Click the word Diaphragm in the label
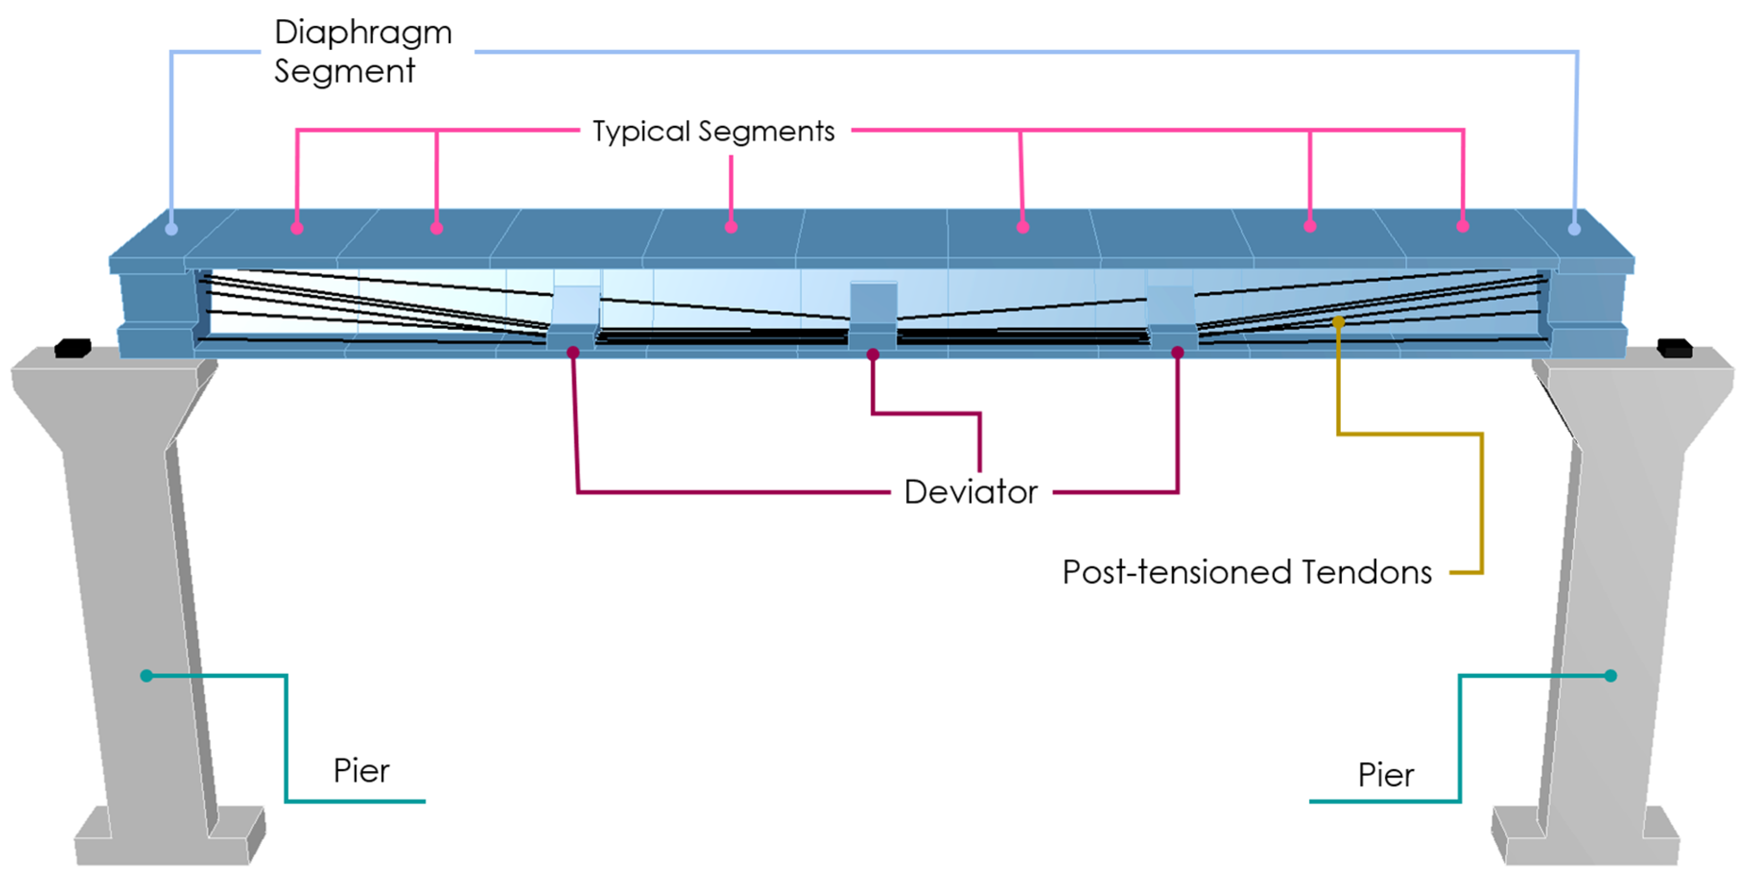(363, 33)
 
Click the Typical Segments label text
(713, 131)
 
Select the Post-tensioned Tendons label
(1246, 572)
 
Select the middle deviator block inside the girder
(873, 313)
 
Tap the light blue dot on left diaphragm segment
(171, 229)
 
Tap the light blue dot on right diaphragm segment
(1574, 229)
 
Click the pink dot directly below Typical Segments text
(731, 227)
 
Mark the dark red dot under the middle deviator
(873, 354)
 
